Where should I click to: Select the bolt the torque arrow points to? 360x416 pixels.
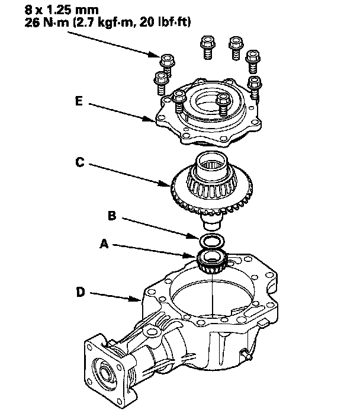point(167,63)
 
